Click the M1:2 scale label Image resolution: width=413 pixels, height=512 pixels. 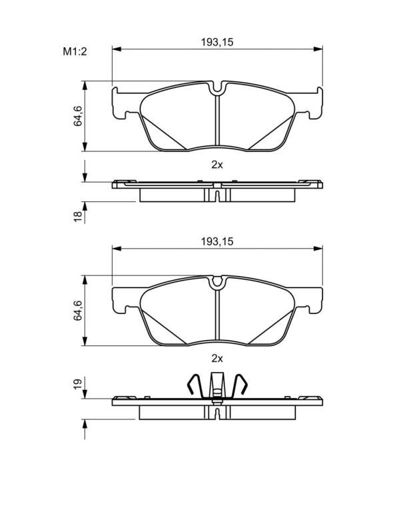75,51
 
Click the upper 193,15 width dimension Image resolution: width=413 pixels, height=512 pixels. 217,42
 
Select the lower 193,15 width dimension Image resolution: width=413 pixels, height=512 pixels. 217,241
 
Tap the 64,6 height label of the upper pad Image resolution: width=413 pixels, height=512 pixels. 78,116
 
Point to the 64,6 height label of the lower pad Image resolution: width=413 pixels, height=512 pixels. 78,310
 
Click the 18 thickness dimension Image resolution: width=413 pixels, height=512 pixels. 78,217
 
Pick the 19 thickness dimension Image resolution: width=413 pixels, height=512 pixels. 78,384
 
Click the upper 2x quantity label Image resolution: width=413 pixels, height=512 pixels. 217,165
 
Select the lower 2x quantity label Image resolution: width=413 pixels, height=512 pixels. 217,359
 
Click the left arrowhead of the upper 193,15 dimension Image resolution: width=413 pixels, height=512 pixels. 117,49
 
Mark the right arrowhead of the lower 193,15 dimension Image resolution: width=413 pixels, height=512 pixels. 318,249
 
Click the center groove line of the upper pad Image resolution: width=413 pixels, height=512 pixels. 217,121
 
